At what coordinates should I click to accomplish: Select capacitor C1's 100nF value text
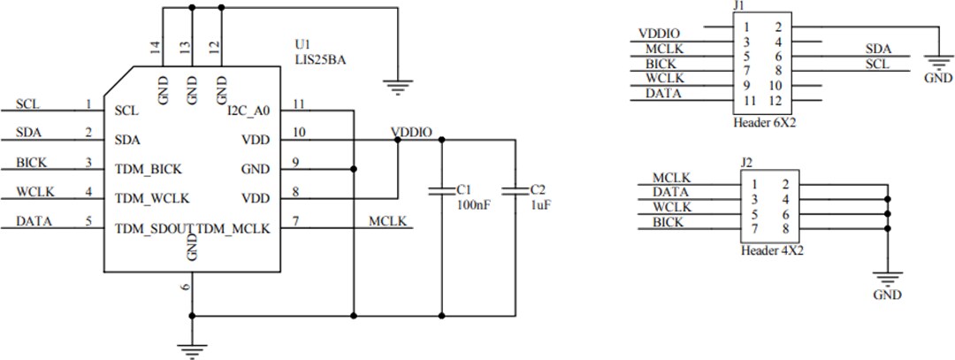475,203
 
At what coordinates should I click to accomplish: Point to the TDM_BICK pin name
149,168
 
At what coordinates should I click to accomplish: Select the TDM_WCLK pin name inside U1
152,197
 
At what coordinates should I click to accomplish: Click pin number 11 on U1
299,104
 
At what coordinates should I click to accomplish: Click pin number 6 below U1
185,287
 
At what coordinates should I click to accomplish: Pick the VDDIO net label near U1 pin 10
411,133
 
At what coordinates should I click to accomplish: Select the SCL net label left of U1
27,104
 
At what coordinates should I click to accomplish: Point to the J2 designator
746,162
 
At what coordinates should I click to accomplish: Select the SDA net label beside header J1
878,49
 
